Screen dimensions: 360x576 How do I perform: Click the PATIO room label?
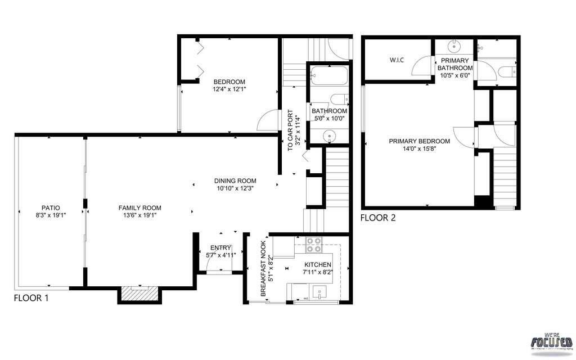[x=50, y=208]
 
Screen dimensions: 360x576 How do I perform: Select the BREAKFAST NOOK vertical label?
[x=265, y=268]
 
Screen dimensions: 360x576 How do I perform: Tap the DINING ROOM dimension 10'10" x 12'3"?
[x=235, y=188]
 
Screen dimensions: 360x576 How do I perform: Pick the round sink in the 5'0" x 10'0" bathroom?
[x=330, y=136]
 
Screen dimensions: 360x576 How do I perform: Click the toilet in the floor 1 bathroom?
[x=339, y=100]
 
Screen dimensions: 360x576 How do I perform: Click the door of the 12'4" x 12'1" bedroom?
[x=267, y=119]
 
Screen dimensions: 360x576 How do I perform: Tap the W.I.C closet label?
[x=397, y=60]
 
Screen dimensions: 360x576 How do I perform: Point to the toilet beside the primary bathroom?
[x=506, y=71]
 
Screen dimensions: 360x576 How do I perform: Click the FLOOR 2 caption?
[x=377, y=218]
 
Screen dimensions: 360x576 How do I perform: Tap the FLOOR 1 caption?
[x=31, y=298]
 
